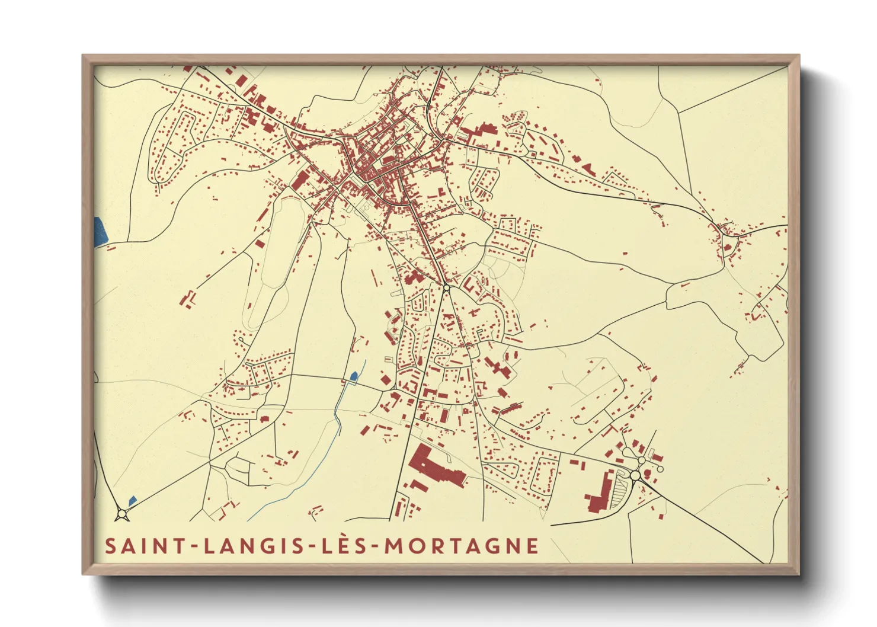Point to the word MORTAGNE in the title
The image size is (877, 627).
coord(462,546)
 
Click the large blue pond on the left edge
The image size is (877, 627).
coord(101,230)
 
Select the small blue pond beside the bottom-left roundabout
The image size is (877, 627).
coord(132,500)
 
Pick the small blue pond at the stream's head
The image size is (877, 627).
coord(354,376)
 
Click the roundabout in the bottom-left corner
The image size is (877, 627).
coord(123,513)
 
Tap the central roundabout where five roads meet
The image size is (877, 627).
coord(446,287)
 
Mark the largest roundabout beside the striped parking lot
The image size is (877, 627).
coord(635,475)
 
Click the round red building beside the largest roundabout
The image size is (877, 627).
coord(647,473)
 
